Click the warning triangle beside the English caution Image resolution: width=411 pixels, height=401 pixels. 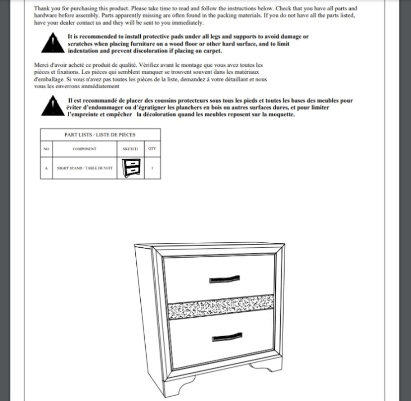pos(53,44)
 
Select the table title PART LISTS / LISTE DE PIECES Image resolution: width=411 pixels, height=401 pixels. pos(100,134)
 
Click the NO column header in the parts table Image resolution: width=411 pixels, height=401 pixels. pos(46,149)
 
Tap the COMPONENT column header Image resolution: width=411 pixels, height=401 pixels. pos(85,149)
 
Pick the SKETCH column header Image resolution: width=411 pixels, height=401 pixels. pos(130,149)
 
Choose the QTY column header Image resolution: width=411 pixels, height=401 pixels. pos(152,148)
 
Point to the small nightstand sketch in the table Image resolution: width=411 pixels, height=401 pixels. pos(130,168)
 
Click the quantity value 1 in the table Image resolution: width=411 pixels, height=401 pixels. pos(152,168)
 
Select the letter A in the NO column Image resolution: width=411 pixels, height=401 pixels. pos(46,168)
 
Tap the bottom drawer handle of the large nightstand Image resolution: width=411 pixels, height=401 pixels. pos(227,336)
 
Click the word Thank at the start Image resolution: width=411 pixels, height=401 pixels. pos(42,9)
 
